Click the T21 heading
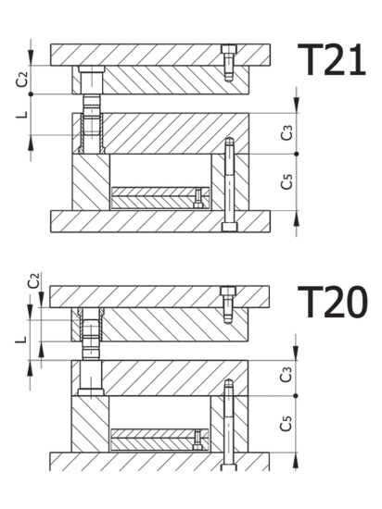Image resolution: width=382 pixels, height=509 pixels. [x=332, y=60]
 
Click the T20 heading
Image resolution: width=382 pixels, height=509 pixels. [x=333, y=302]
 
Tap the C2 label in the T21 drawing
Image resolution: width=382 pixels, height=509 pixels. [x=22, y=80]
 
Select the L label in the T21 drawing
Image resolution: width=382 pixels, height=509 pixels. [x=21, y=115]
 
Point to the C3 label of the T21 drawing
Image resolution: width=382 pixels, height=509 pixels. [x=286, y=132]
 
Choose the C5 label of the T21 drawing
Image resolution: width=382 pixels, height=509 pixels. [x=286, y=181]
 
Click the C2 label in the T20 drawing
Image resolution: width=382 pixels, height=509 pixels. [x=33, y=280]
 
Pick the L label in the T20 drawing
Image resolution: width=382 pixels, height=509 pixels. [x=20, y=340]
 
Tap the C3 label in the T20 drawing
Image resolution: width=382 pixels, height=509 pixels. [x=286, y=375]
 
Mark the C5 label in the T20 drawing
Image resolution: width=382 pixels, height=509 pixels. [x=286, y=423]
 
